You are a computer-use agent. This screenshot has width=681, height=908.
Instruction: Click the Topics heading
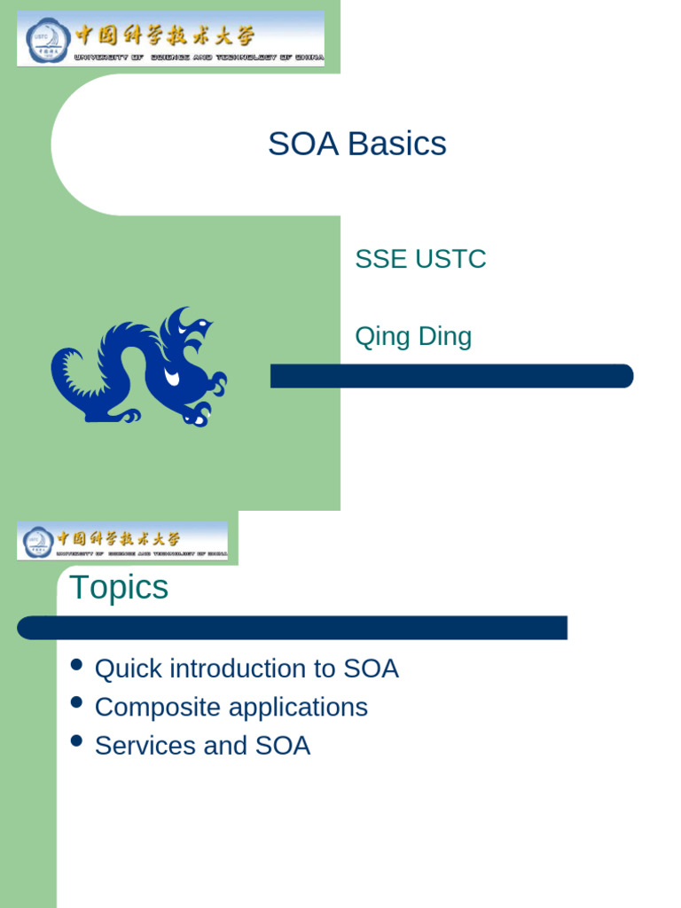tap(119, 587)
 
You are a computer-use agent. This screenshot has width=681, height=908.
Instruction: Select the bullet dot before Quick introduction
tap(76, 665)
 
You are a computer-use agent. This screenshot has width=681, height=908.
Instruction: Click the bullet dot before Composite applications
tap(76, 703)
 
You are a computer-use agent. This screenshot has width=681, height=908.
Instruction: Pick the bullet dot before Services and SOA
tap(76, 741)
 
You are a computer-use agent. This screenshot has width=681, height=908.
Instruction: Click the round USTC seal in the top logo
tap(44, 40)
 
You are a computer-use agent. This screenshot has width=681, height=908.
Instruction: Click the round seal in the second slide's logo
tap(37, 541)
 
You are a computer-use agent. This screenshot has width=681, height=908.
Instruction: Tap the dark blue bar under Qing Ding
tap(451, 376)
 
